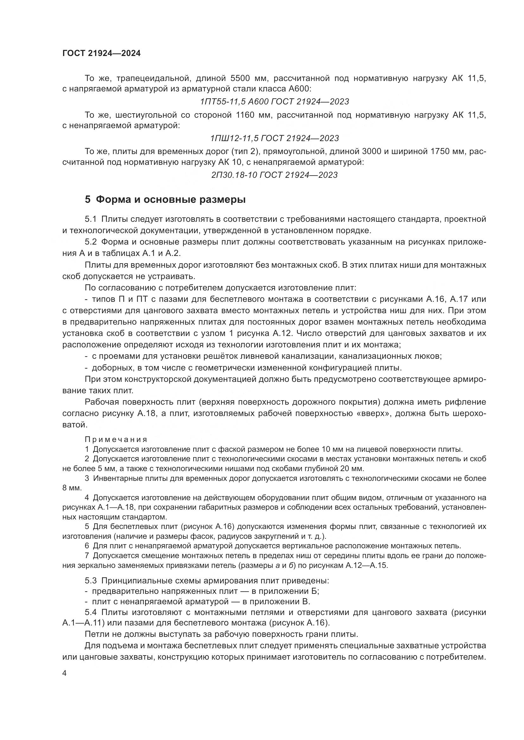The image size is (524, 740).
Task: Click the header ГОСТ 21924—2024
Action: click(101, 53)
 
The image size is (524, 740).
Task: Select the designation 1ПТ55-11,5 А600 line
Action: click(274, 102)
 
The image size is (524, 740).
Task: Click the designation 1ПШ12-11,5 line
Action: click(274, 138)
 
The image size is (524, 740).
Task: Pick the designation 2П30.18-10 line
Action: click(274, 175)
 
